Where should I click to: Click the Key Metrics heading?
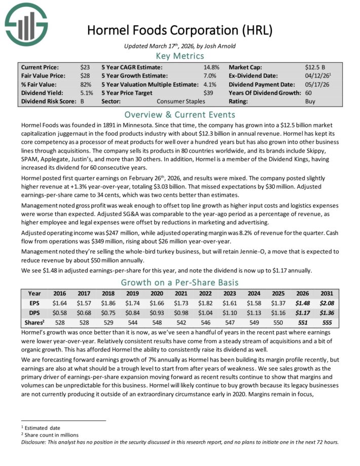click(x=179, y=56)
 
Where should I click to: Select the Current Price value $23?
click(x=85, y=67)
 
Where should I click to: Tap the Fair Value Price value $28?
click(x=85, y=76)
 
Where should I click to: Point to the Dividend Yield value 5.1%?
click(x=86, y=93)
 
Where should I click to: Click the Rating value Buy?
click(x=310, y=101)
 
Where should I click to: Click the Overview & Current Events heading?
click(x=179, y=115)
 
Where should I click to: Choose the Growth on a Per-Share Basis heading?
click(x=179, y=283)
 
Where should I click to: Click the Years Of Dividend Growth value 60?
click(x=308, y=93)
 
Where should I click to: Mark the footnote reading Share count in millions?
click(x=52, y=435)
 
